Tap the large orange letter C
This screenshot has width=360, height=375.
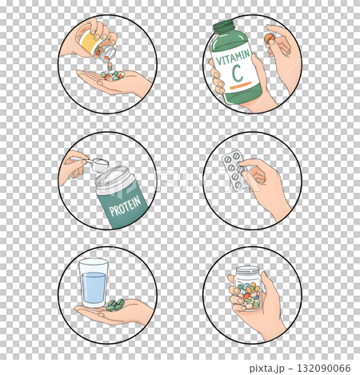coord(237,76)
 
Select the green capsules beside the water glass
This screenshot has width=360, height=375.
coord(114,304)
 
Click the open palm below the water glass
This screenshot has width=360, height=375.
coord(120,313)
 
